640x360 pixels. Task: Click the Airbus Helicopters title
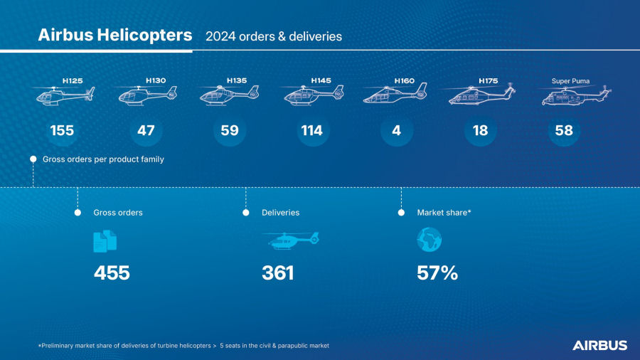(x=114, y=35)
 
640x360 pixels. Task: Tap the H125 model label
(x=72, y=80)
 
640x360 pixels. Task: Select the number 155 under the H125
(x=62, y=130)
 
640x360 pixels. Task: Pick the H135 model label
(x=236, y=80)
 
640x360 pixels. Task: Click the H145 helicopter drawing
(x=313, y=95)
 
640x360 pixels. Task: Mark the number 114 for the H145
(x=312, y=130)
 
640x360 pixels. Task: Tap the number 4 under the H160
(x=396, y=130)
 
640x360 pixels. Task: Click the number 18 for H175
(x=480, y=130)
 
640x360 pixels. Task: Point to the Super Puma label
(x=571, y=80)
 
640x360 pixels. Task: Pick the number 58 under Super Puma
(x=564, y=130)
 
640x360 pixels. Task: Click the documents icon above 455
(x=105, y=240)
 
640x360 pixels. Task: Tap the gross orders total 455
(x=112, y=272)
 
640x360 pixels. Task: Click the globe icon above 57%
(x=429, y=240)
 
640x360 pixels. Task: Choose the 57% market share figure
(x=437, y=272)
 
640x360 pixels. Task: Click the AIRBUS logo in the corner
(x=599, y=345)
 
